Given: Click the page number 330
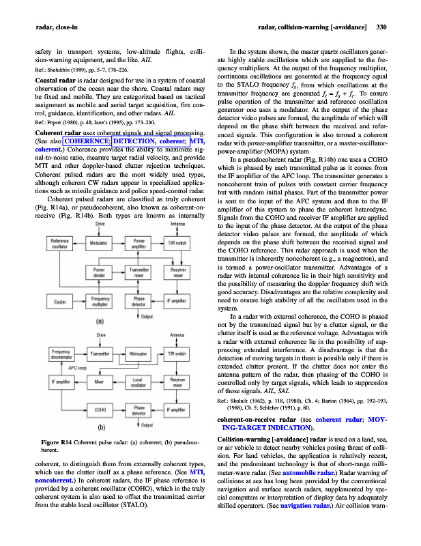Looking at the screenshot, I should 382,28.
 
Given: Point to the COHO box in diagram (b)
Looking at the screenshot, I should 100,409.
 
